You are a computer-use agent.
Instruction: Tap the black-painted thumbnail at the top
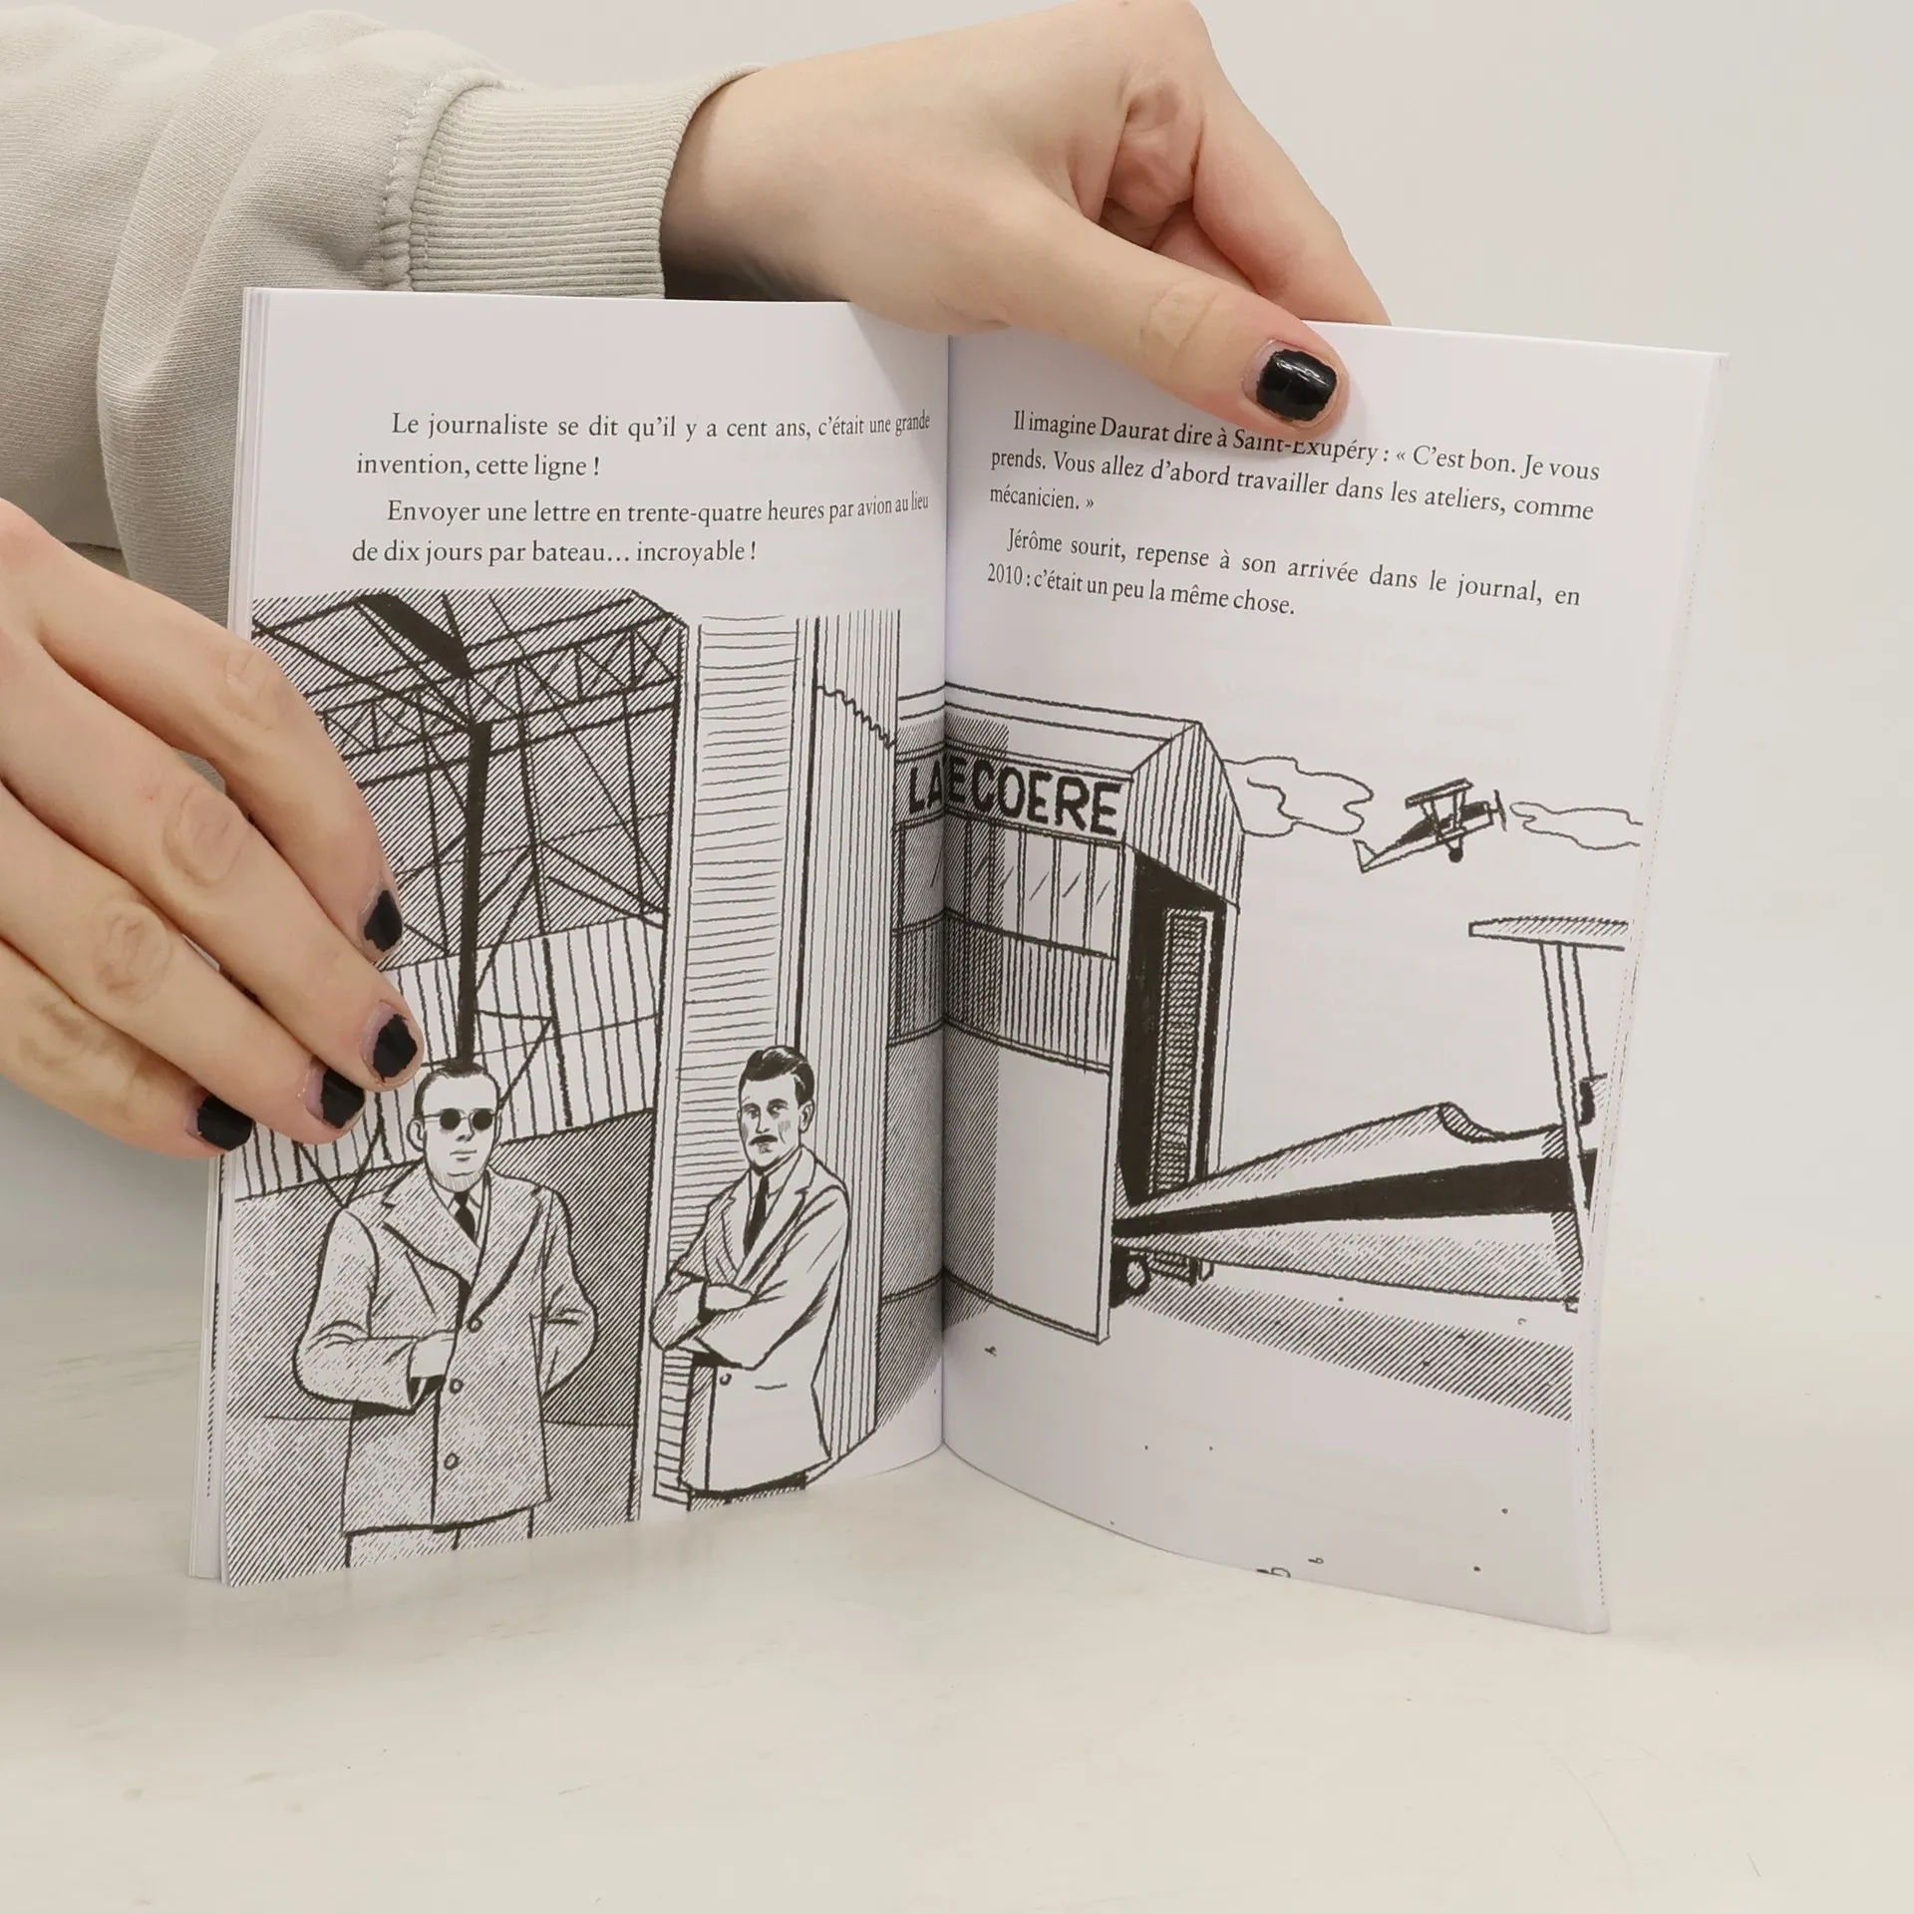1295,381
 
